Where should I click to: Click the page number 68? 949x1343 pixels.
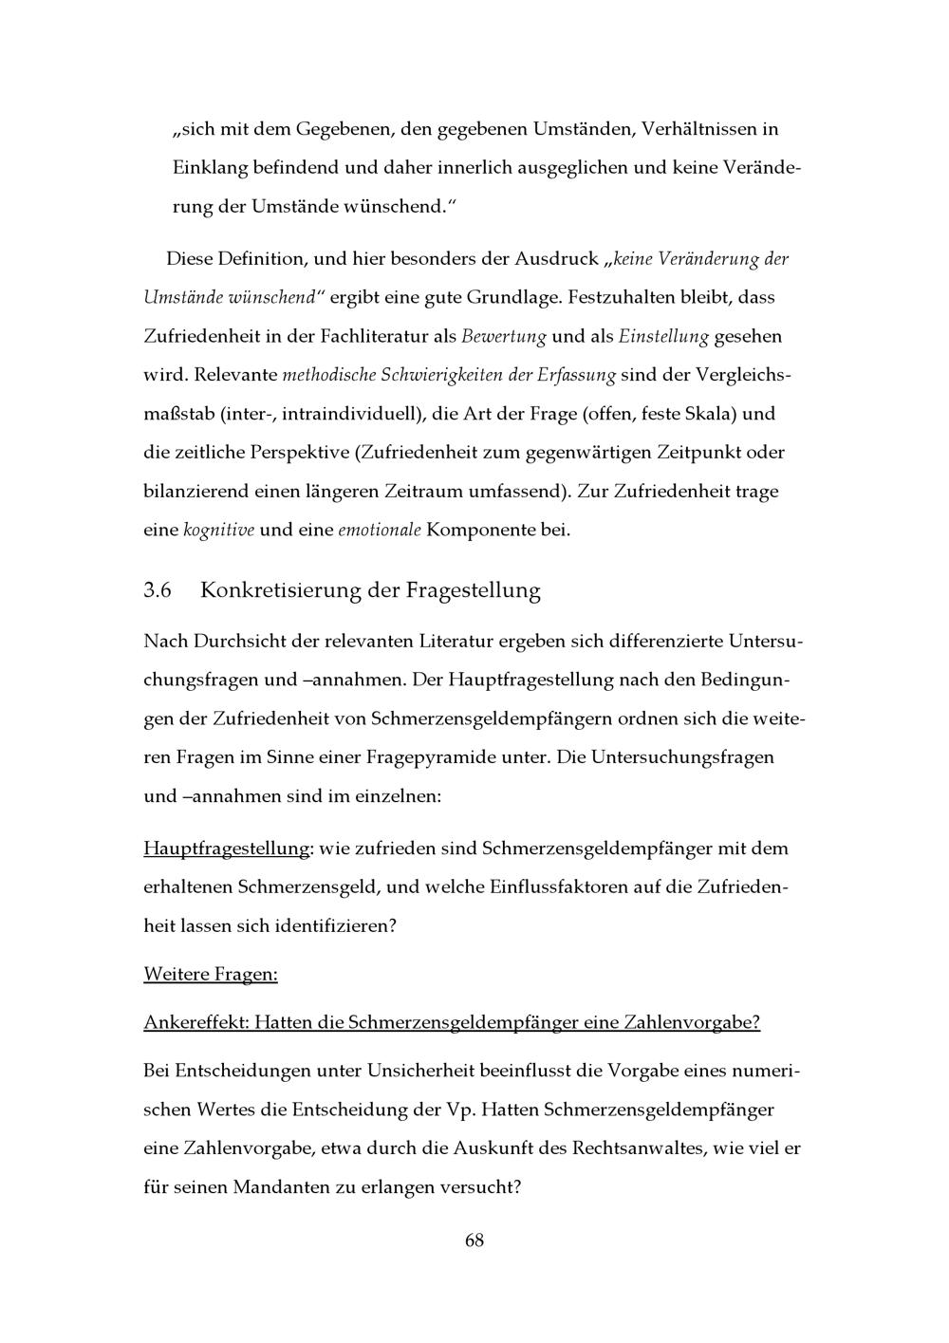pos(474,1240)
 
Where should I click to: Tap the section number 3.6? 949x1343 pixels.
pos(158,590)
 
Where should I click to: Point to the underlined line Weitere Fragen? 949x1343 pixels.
pos(210,974)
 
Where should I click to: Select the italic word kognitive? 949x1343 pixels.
pos(218,530)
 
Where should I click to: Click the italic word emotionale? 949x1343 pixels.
pos(380,530)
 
